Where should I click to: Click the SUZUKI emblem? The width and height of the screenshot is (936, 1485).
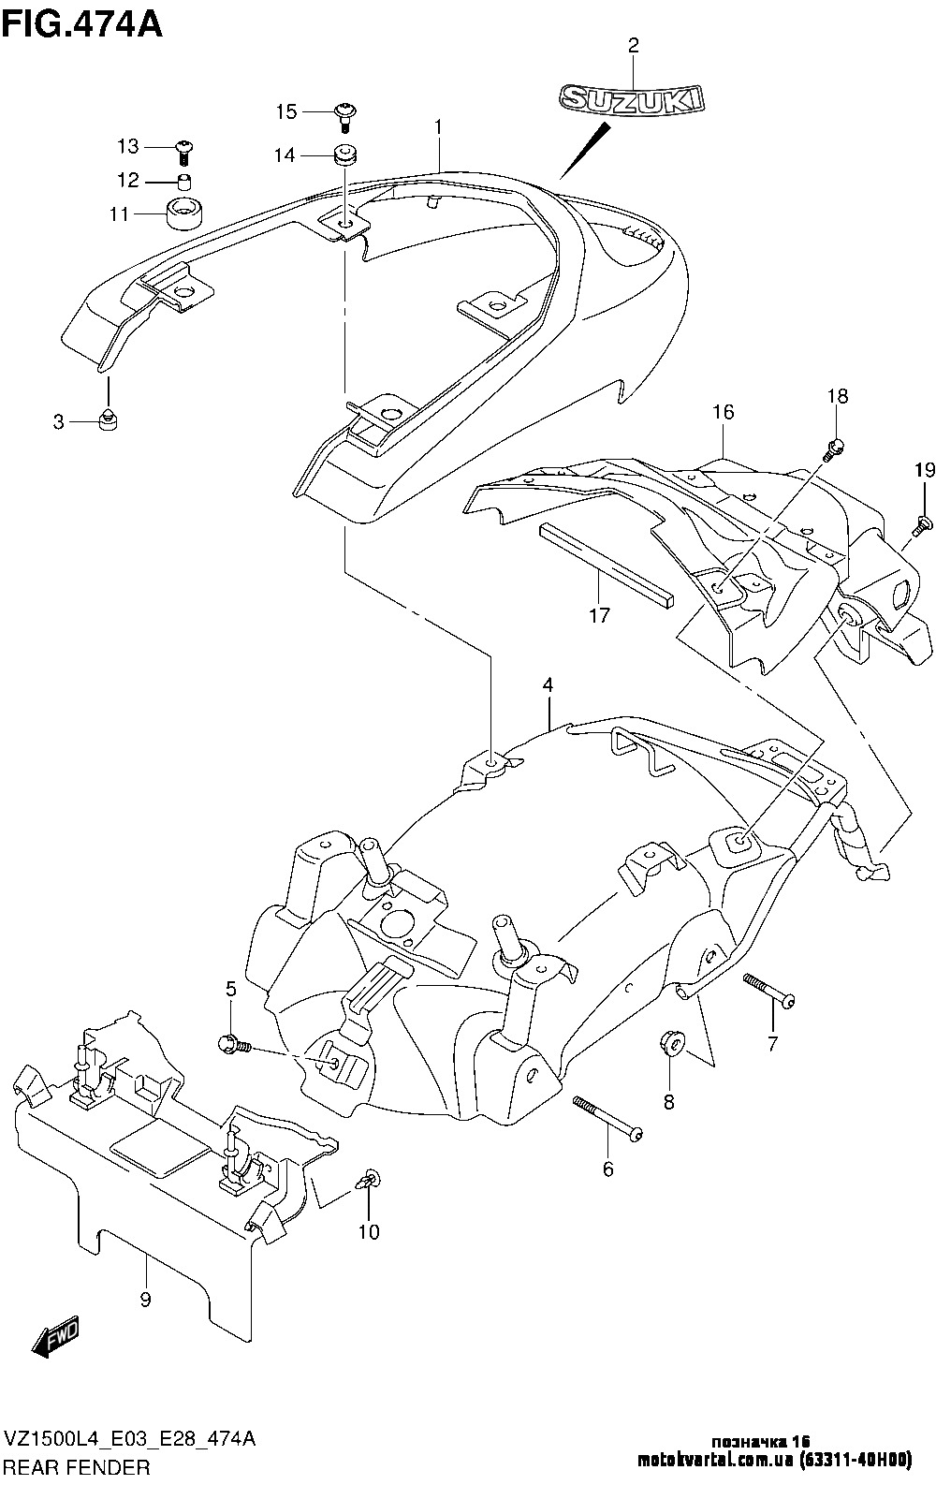click(631, 98)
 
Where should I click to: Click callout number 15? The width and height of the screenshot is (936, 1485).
click(286, 111)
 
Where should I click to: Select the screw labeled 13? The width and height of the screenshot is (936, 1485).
click(183, 152)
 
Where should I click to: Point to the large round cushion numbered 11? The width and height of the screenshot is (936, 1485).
click(183, 213)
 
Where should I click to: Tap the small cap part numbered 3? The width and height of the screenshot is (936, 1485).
click(108, 419)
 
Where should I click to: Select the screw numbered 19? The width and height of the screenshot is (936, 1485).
click(921, 525)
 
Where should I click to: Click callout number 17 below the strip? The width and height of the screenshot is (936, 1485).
click(599, 615)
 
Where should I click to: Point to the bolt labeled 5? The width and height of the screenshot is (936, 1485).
click(235, 1046)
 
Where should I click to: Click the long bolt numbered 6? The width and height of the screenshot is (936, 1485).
click(607, 1120)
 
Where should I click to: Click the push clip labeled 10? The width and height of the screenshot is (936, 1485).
click(369, 1182)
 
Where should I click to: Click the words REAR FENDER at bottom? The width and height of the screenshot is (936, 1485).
click(79, 1466)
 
